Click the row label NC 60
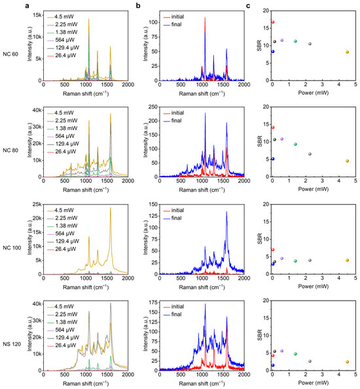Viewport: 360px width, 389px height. (x=12, y=45)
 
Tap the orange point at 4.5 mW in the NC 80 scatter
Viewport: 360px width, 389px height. (x=347, y=161)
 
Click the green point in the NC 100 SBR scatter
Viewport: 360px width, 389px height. (x=296, y=261)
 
